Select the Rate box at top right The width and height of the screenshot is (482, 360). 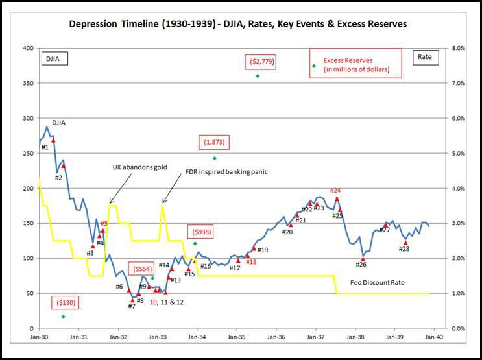[428, 58]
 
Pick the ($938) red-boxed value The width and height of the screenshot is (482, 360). [200, 232]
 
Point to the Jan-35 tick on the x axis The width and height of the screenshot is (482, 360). [237, 338]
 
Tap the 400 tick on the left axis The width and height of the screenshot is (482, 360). [29, 48]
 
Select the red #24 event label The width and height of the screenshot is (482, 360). [335, 190]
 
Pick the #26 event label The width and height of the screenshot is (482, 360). [361, 264]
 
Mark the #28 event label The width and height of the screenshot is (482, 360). [404, 249]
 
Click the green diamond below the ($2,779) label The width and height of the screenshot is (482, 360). [258, 76]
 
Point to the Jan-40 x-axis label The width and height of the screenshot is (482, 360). [435, 338]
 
